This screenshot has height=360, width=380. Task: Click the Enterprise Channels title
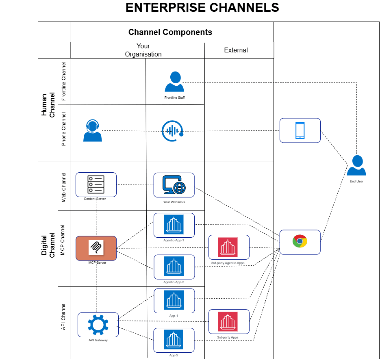pos(202,8)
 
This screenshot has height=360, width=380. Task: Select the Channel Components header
pos(170,32)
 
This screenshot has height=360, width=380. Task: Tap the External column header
pos(236,50)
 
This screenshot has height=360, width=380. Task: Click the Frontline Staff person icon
pos(174,82)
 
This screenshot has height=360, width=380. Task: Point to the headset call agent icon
pos(92,131)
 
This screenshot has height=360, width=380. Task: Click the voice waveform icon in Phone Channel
pos(172,130)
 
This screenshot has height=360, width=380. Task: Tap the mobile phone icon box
pos(300,130)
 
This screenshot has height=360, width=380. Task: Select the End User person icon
pos(356,165)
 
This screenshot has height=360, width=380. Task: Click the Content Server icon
pos(96,184)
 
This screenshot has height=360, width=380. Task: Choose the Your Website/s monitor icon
pos(174,185)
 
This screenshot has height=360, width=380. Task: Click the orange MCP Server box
pos(96,248)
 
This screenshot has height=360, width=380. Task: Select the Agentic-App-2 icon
pos(174,267)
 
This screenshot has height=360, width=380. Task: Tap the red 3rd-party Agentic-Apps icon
pos(228,247)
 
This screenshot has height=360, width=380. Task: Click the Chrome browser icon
pos(300,242)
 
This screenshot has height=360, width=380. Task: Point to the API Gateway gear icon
pos(98,325)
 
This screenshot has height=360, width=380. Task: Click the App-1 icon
pos(174,301)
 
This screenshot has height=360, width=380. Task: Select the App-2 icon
pos(174,340)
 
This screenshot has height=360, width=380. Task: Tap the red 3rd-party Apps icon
pos(228,321)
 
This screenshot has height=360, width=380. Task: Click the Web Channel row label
pos(64,186)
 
